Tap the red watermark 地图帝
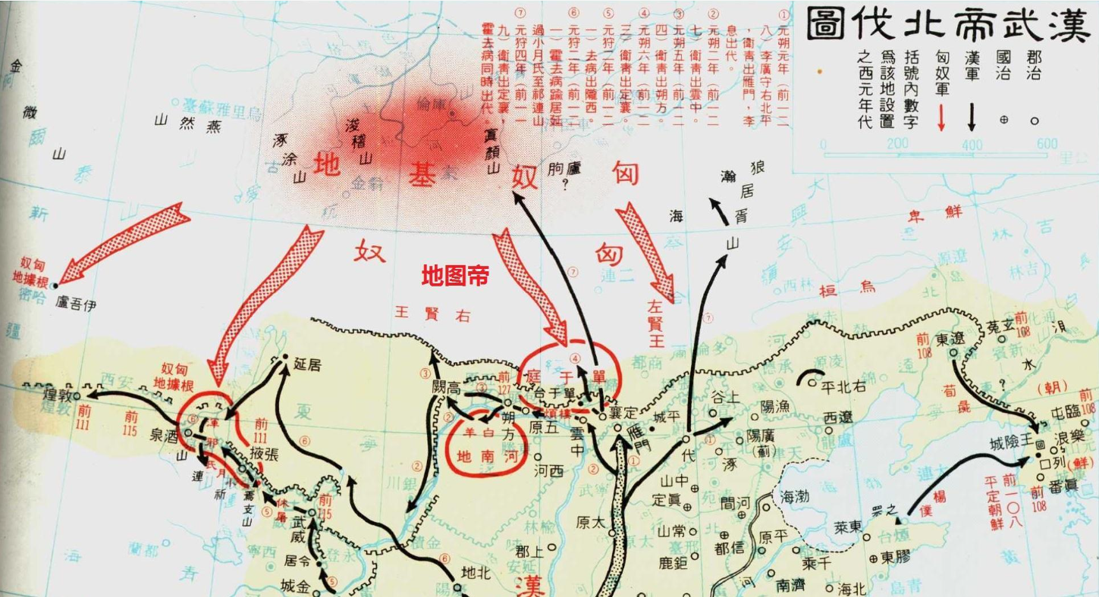455,276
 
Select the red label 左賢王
655,323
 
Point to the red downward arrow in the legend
941,117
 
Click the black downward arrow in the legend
972,117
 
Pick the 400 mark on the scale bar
972,145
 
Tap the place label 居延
304,365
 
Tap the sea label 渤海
793,496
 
